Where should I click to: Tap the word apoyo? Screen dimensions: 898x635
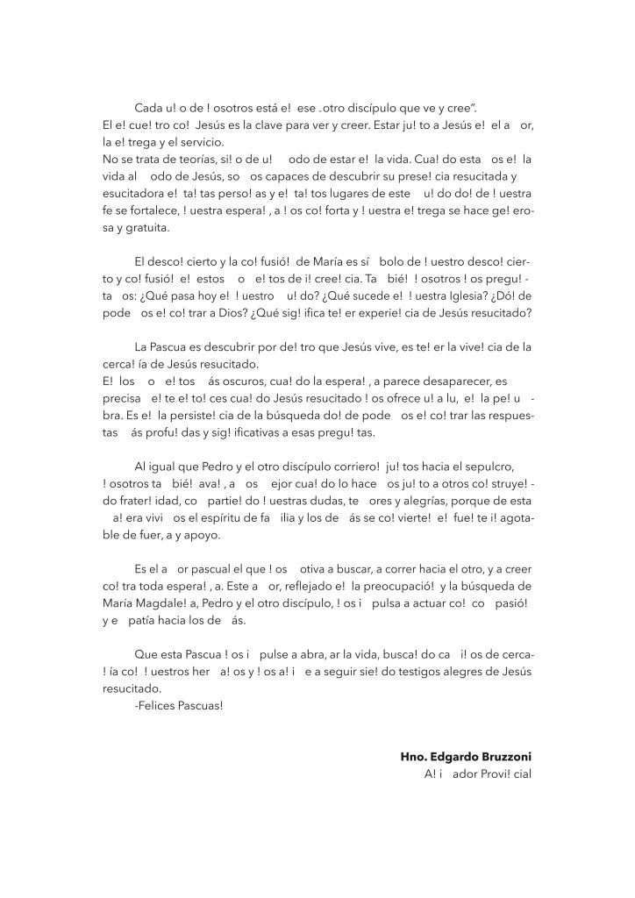point(203,535)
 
